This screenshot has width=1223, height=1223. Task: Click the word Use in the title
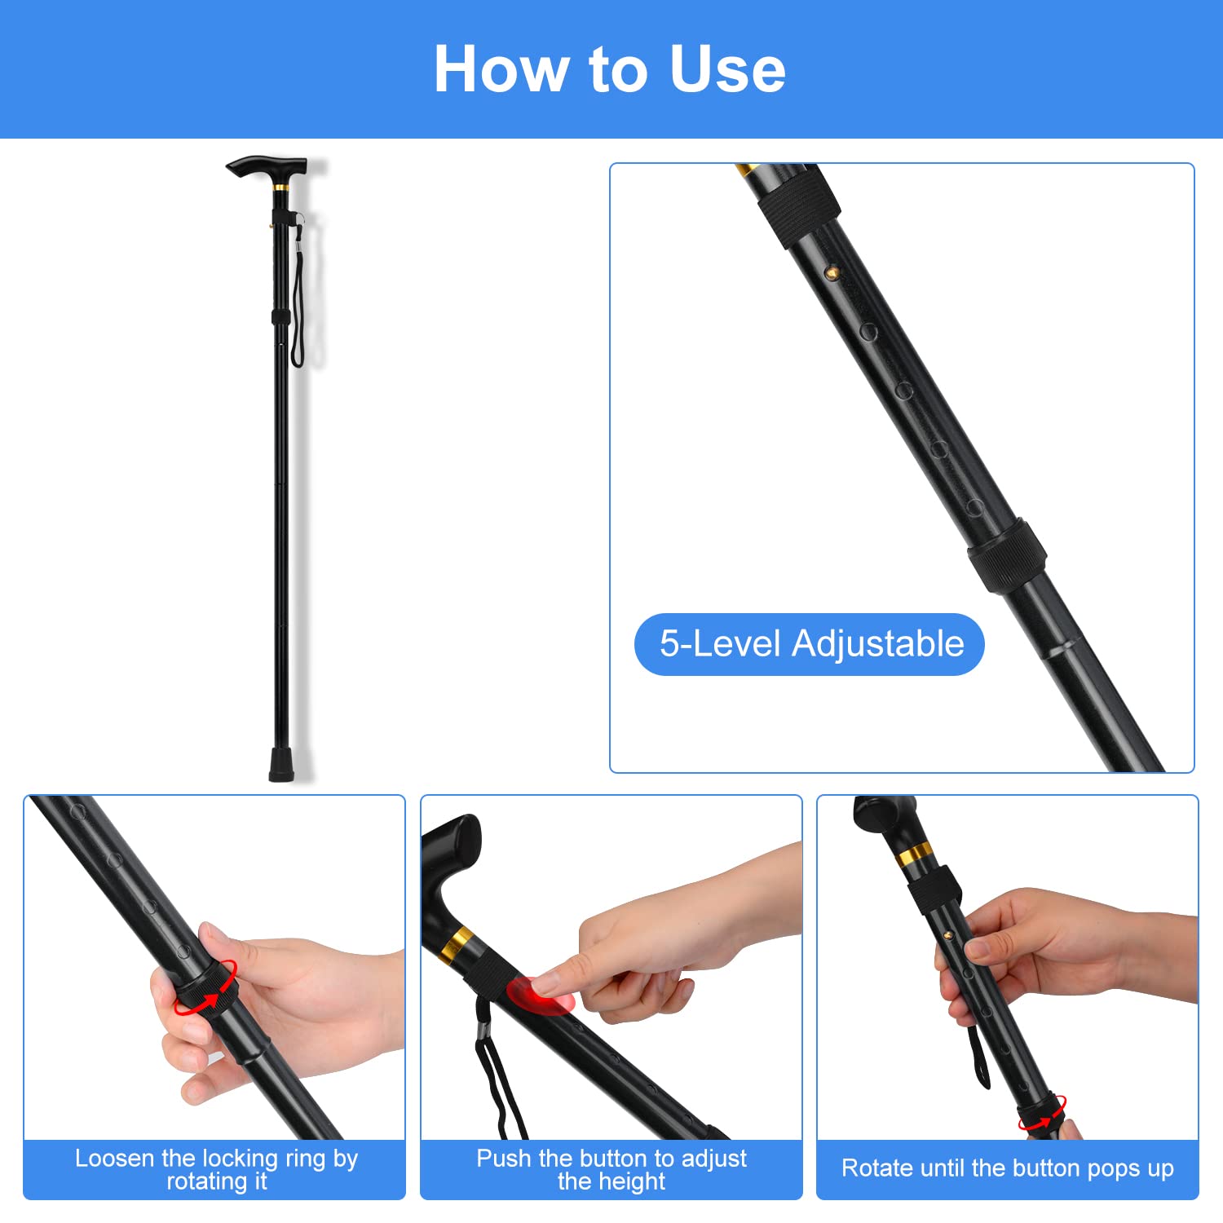click(727, 69)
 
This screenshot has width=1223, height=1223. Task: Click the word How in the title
click(500, 69)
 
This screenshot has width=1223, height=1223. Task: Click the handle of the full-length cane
click(265, 168)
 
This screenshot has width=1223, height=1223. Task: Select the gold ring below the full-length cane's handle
click(281, 188)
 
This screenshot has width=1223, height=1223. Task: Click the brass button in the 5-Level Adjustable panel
click(831, 272)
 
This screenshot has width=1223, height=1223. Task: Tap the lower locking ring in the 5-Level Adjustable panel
click(1007, 555)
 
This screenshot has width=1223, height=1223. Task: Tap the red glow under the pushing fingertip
click(538, 995)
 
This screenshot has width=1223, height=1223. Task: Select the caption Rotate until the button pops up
click(1007, 1168)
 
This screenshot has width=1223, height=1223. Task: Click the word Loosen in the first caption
click(115, 1159)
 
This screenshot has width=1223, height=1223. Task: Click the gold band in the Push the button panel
click(458, 943)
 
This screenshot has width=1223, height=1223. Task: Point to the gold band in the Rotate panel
click(915, 854)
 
